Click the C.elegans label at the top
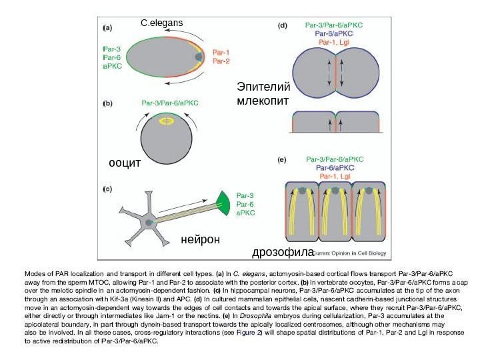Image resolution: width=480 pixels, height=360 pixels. (161, 23)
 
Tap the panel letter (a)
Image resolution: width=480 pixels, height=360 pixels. (107, 28)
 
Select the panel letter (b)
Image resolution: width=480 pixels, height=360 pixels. (107, 104)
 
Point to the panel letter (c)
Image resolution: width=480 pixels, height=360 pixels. (107, 189)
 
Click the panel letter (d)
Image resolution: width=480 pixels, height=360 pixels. (283, 27)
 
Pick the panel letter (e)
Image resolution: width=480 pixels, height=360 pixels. (283, 160)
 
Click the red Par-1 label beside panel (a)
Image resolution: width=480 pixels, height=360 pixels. (221, 51)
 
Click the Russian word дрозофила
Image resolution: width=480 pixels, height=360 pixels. (283, 253)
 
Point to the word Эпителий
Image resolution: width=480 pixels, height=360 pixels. (264, 87)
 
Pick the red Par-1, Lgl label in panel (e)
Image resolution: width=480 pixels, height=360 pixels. (335, 177)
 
